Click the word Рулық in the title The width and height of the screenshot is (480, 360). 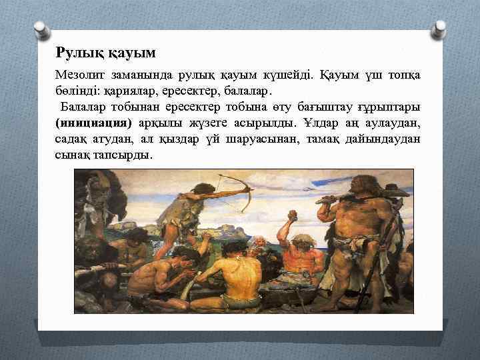coord(74,51)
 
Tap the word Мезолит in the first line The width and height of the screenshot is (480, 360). coord(81,74)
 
